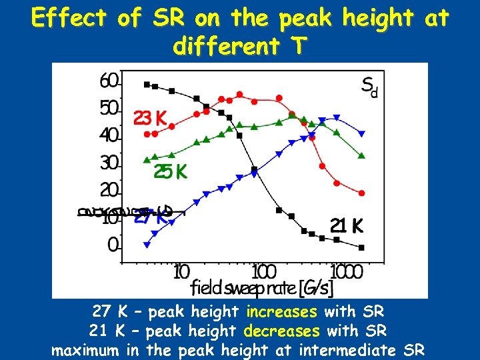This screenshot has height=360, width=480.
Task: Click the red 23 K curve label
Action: (x=151, y=119)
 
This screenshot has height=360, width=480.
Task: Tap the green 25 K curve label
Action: (x=171, y=171)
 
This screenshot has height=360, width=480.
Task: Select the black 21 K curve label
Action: (x=347, y=226)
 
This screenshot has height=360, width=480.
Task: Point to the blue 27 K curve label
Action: (x=152, y=216)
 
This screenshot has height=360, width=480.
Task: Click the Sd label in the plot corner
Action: (x=369, y=86)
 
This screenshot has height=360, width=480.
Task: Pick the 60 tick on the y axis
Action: (x=109, y=81)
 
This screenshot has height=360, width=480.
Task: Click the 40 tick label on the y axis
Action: (x=109, y=136)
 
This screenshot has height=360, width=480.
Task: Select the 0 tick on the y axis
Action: (x=113, y=245)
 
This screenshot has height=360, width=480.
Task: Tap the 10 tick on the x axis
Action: (x=181, y=272)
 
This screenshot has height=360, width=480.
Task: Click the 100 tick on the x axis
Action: (x=264, y=272)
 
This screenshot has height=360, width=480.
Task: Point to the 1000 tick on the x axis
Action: (x=345, y=272)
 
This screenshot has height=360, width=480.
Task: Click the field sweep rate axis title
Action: (x=262, y=288)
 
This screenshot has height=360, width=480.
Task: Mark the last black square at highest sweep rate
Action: (x=361, y=247)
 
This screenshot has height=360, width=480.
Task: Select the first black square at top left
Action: (x=147, y=84)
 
